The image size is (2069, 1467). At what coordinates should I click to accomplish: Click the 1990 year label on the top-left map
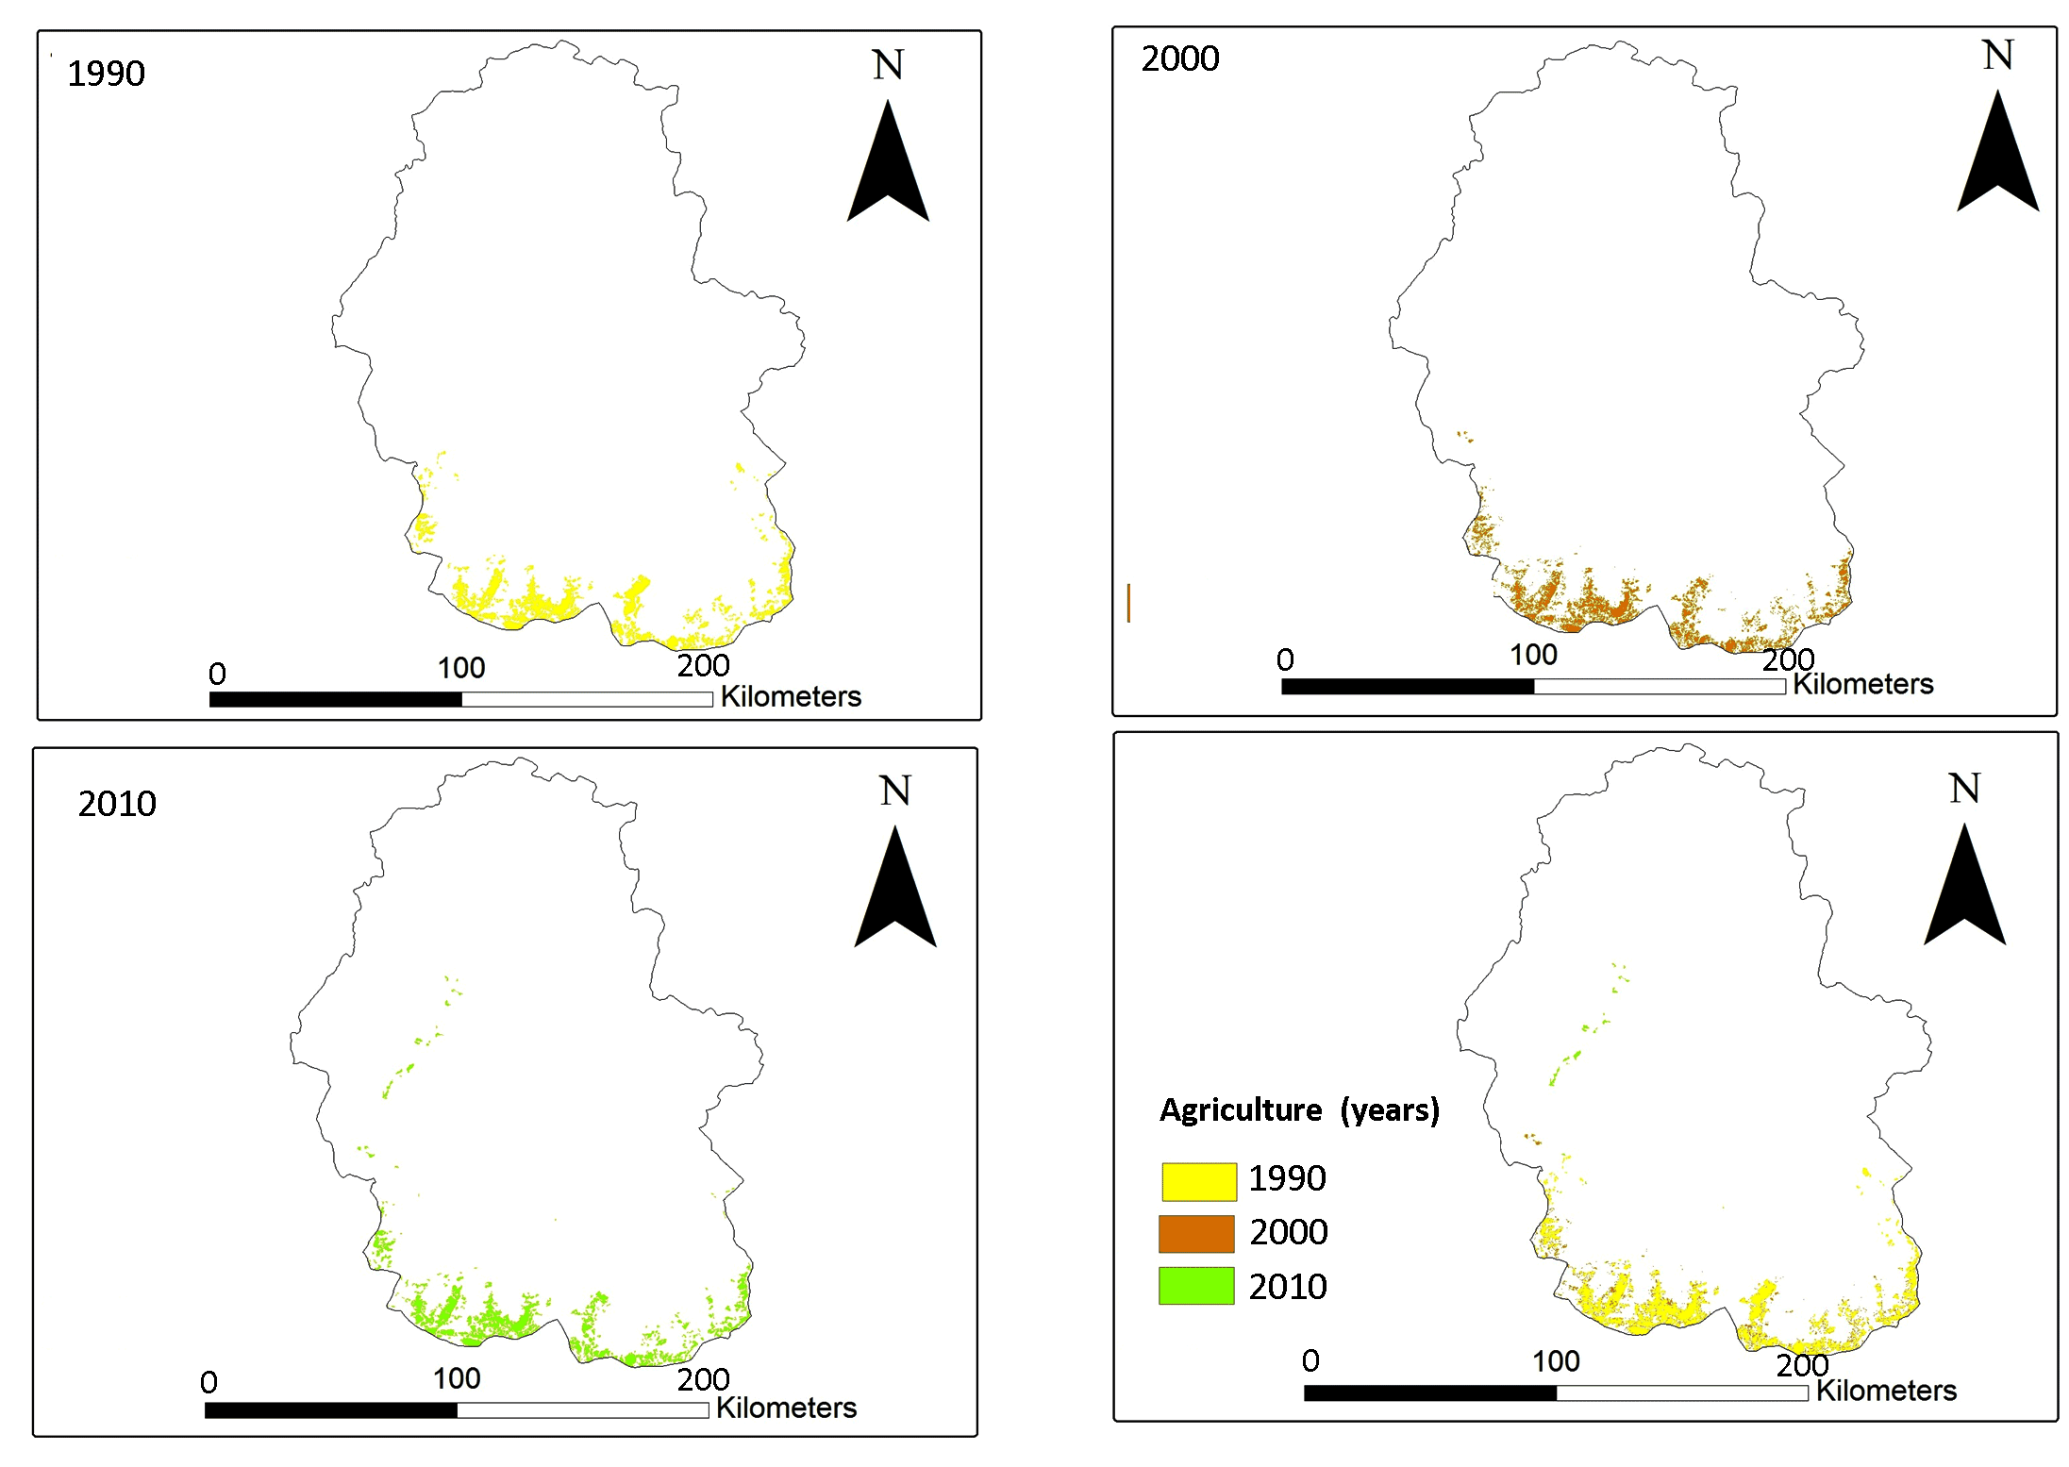coord(106,74)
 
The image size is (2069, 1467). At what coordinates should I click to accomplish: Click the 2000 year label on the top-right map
coord(1179,58)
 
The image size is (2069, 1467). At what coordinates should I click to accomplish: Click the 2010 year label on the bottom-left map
coord(117,804)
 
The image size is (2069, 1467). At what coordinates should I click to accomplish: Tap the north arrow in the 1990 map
coord(888,165)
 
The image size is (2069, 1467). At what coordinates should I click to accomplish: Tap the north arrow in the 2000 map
coord(1997,156)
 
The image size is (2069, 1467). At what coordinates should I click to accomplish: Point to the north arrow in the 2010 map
coord(894,891)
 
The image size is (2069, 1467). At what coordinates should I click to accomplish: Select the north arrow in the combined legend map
coord(1964,889)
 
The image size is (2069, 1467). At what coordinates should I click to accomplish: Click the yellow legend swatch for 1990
coord(1198,1181)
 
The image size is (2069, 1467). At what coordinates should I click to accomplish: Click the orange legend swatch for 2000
coord(1196,1233)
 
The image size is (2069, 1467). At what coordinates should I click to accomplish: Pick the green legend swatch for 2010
coord(1196,1286)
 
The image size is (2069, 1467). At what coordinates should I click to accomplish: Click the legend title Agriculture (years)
coord(1299,1110)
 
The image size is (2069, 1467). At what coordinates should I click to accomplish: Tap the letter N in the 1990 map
coord(888,65)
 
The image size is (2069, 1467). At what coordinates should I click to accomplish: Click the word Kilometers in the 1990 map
coord(791,696)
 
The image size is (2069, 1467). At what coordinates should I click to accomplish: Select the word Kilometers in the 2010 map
coord(786,1408)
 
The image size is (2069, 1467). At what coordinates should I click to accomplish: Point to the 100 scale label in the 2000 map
coord(1533,655)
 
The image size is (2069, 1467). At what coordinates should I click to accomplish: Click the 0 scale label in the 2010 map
coord(209,1382)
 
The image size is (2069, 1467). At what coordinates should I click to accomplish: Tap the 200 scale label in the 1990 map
coord(703,665)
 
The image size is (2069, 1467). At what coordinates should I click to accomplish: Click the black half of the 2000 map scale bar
coord(1408,687)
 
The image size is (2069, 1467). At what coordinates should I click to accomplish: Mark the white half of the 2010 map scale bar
coord(582,1410)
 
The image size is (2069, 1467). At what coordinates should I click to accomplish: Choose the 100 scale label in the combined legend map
coord(1556,1361)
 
